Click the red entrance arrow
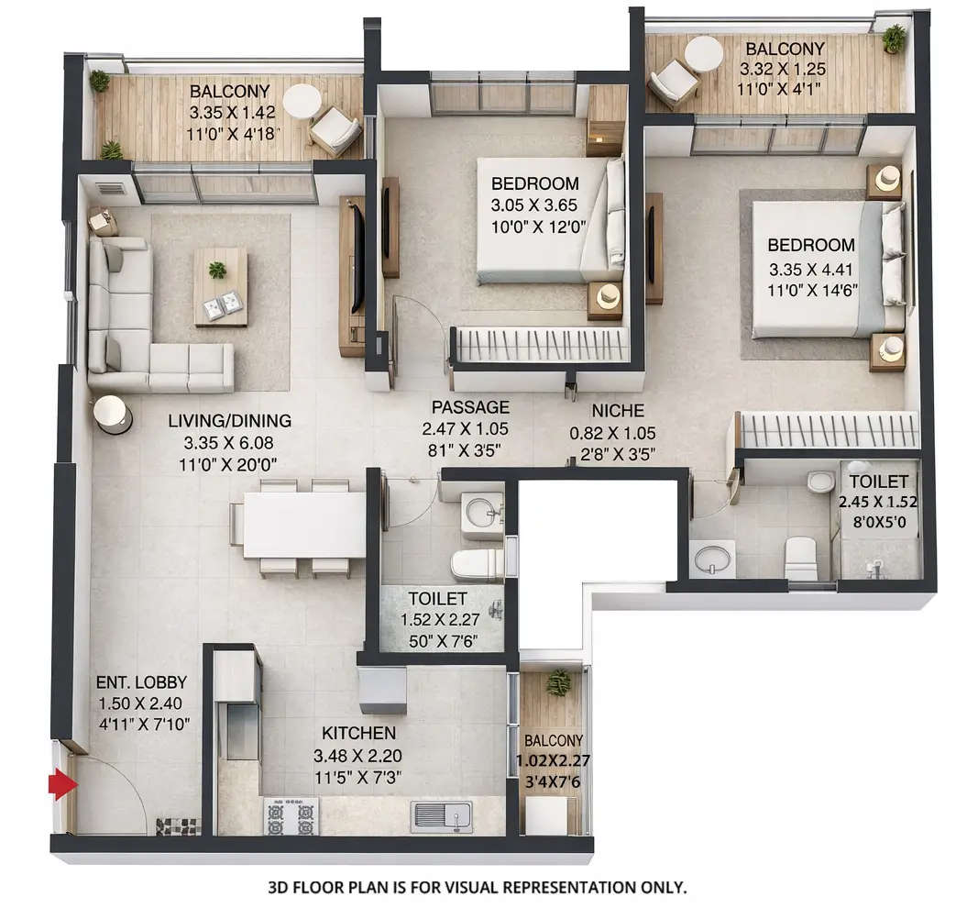(62, 785)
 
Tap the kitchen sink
(442, 816)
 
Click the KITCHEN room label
(358, 733)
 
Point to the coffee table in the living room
(220, 287)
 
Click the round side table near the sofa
(113, 414)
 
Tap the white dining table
(304, 526)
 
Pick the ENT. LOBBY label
(142, 682)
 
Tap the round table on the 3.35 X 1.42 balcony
(302, 100)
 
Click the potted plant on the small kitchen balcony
(556, 681)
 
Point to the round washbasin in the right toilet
(713, 557)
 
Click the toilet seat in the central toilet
(476, 565)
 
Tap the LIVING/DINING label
(229, 421)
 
